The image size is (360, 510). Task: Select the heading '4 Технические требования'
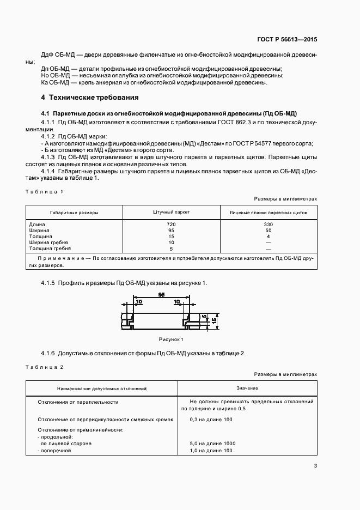pyautogui.click(x=90, y=98)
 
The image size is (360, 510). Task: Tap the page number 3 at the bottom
pyautogui.click(x=315, y=465)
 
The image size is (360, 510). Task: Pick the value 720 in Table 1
pyautogui.click(x=171, y=224)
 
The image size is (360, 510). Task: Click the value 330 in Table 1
pyautogui.click(x=268, y=224)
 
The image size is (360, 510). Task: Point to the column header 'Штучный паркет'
pyautogui.click(x=171, y=212)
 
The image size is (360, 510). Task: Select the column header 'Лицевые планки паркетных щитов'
pyautogui.click(x=268, y=212)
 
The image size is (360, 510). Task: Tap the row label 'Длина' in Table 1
pyautogui.click(x=38, y=224)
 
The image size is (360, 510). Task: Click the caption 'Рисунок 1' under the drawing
pyautogui.click(x=171, y=339)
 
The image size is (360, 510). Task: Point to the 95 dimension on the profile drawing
pyautogui.click(x=162, y=295)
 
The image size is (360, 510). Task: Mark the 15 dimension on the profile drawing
pyautogui.click(x=215, y=321)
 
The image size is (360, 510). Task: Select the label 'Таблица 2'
pyautogui.click(x=45, y=367)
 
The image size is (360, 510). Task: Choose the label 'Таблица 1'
pyautogui.click(x=45, y=191)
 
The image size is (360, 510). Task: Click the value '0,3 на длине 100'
pyautogui.click(x=211, y=419)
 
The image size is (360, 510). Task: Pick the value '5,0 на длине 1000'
pyautogui.click(x=212, y=444)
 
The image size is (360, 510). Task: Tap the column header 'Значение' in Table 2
pyautogui.click(x=247, y=388)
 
